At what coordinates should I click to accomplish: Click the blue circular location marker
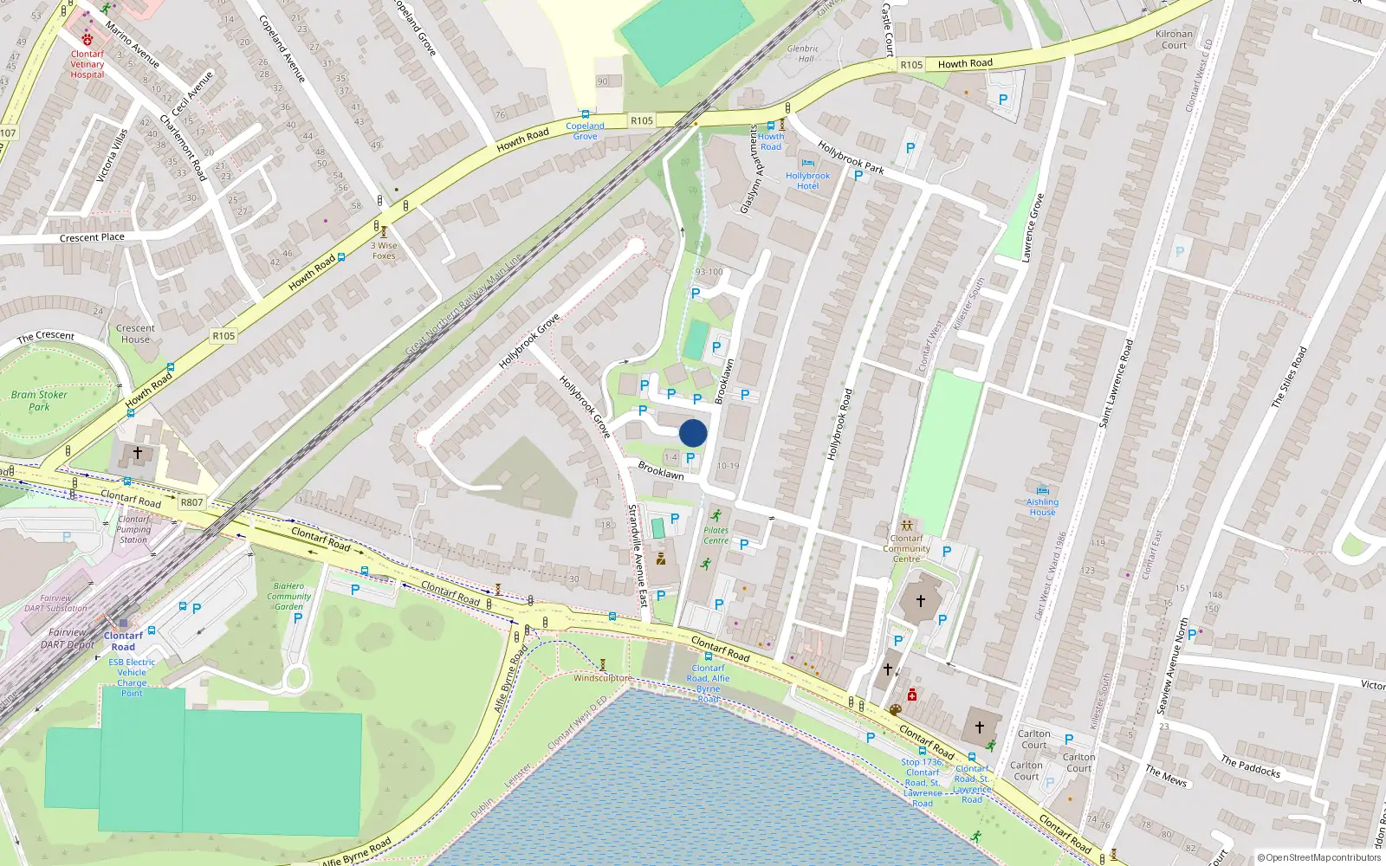point(693,433)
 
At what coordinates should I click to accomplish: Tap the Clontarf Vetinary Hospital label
point(87,64)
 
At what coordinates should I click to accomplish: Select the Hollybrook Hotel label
point(807,181)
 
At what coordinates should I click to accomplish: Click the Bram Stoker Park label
point(39,400)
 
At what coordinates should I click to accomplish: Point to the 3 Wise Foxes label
point(384,250)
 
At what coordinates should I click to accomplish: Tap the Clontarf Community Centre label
point(906,548)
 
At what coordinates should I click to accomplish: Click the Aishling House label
point(1042,507)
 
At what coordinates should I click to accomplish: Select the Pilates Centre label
point(716,535)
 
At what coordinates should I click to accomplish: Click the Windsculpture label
point(602,678)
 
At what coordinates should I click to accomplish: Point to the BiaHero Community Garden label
point(288,596)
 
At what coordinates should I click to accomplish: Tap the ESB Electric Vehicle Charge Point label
point(132,677)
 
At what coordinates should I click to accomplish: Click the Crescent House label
point(135,333)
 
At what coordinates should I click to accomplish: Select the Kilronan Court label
point(1174,40)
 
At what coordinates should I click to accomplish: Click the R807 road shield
point(191,502)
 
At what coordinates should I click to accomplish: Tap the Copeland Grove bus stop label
point(585,131)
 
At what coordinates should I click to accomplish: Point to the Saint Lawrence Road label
point(1116,384)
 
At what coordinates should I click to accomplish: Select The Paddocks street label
point(1250,766)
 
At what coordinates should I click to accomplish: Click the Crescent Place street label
point(92,237)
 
